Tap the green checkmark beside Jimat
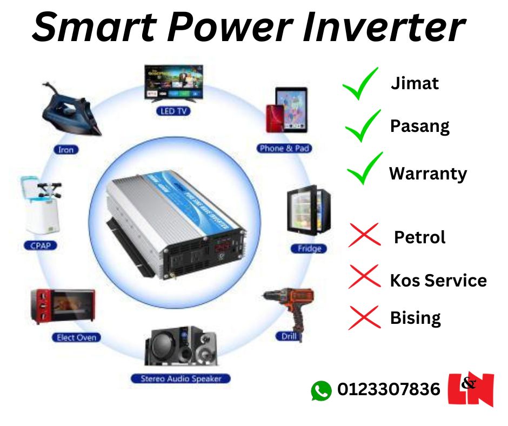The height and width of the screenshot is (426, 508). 360,84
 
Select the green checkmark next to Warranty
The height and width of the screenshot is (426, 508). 364,169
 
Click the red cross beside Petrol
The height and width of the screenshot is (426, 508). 364,236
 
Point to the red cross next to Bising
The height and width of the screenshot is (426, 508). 364,317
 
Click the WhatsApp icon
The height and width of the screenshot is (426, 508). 321,390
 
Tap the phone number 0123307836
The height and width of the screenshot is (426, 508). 389,389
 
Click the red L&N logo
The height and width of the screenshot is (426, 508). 471,389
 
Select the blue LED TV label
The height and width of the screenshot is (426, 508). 174,111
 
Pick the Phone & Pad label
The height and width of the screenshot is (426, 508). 285,148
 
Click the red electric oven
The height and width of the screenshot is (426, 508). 62,306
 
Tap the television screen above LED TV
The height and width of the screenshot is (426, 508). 173,83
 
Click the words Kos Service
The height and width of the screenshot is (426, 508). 438,281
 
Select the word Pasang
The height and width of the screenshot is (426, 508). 420,127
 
